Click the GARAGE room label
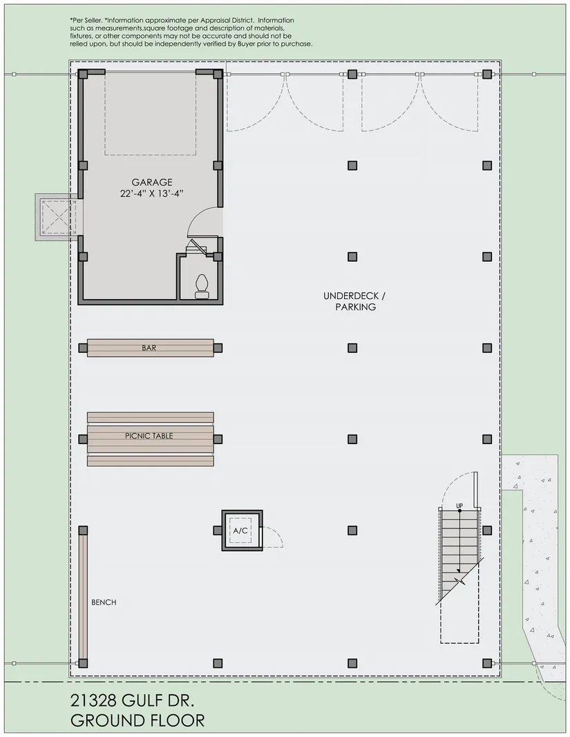click(152, 182)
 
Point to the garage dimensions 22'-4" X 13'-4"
click(151, 193)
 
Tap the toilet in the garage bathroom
click(201, 286)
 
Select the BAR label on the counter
click(149, 348)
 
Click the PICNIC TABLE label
click(149, 436)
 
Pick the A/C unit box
click(243, 530)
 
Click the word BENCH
click(104, 602)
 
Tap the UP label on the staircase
click(459, 506)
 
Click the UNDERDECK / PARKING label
click(355, 301)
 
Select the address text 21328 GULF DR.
click(132, 701)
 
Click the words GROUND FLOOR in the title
click(137, 720)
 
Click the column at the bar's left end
click(83, 348)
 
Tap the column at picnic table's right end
click(218, 439)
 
